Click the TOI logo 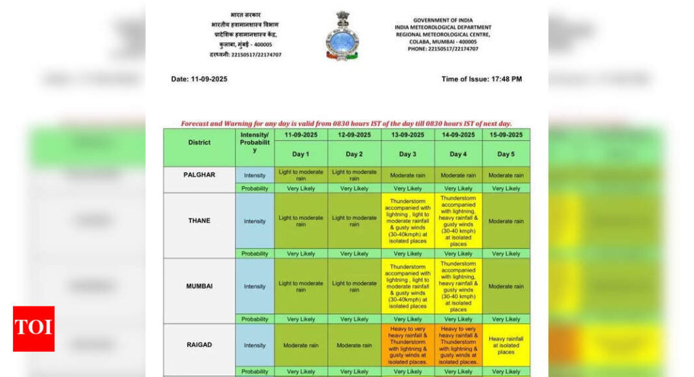(33, 329)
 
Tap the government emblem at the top (342, 35)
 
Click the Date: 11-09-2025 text (199, 79)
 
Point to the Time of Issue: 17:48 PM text (481, 79)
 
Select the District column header (199, 142)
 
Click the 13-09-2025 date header (407, 135)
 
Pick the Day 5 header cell (506, 154)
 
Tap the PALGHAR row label (199, 175)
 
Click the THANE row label (199, 221)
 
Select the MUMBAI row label (199, 286)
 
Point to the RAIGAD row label (199, 345)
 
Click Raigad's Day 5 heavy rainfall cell (506, 345)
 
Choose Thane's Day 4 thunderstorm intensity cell (458, 221)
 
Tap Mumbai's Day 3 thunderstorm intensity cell (407, 286)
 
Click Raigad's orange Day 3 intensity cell (407, 345)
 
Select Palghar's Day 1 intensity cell (301, 175)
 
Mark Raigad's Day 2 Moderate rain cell (354, 345)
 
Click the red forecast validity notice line (346, 123)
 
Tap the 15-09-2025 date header (506, 135)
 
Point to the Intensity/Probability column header (255, 142)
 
